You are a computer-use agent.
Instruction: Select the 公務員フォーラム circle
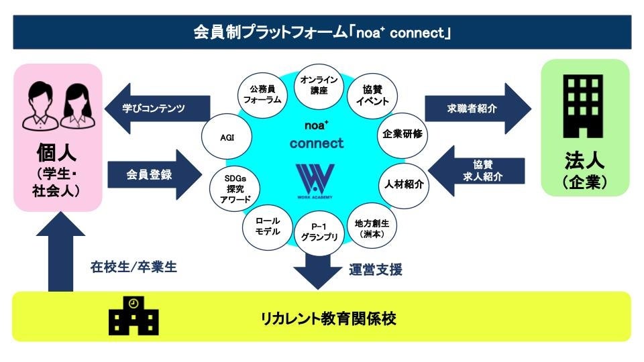pyautogui.click(x=262, y=95)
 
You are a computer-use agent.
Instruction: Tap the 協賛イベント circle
pyautogui.click(x=372, y=95)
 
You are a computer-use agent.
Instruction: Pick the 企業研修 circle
pyautogui.click(x=402, y=133)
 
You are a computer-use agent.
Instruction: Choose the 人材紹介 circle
pyautogui.click(x=404, y=183)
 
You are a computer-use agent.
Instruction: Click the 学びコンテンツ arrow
pyautogui.click(x=157, y=107)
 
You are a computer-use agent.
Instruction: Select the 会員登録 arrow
pyautogui.click(x=154, y=175)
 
